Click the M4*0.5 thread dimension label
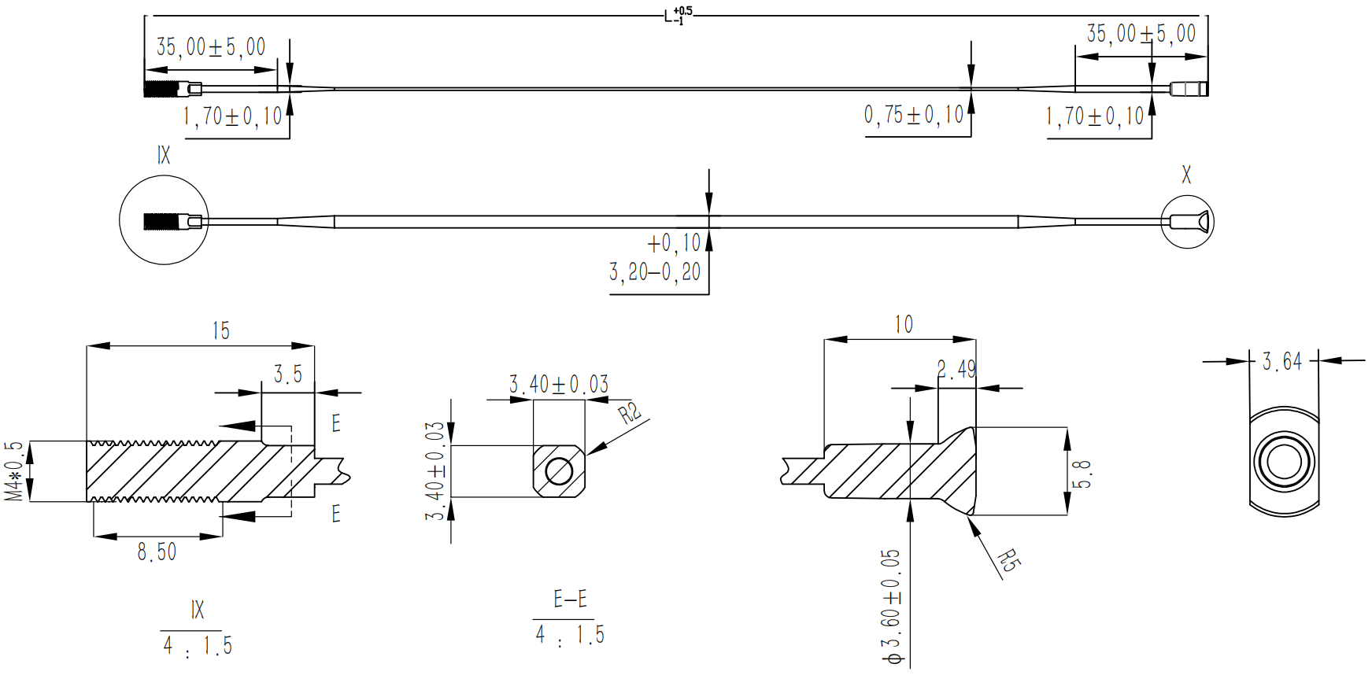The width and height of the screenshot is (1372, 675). pos(14,470)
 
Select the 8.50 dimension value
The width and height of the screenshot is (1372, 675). pos(157,551)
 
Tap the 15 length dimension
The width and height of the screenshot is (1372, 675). pos(221,330)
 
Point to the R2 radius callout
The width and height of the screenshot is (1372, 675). pos(630,413)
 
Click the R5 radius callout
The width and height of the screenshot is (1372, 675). pos(1008,561)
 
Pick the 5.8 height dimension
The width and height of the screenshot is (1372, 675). pos(1083,474)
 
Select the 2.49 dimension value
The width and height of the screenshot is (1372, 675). pos(956,369)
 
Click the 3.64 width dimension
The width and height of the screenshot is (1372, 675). pos(1282,361)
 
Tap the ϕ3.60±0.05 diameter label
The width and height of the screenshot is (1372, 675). pos(891,607)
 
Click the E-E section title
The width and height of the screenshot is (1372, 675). pos(570,599)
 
